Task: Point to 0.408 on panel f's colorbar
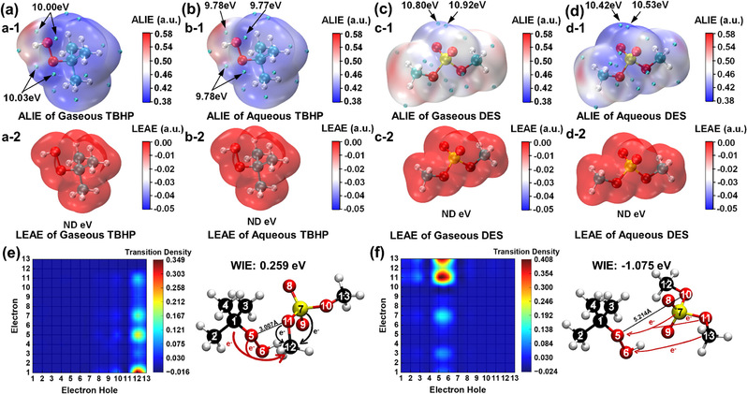click(548, 269)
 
